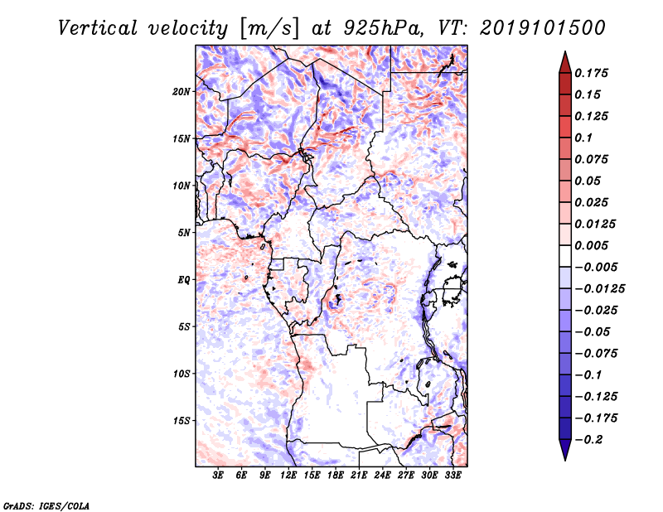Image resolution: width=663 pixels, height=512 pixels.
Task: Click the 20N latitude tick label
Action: tap(182, 91)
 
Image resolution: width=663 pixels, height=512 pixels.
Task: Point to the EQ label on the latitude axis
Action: tap(184, 280)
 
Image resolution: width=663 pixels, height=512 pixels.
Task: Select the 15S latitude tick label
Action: tap(182, 421)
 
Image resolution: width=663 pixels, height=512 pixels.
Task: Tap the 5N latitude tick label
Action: tap(185, 233)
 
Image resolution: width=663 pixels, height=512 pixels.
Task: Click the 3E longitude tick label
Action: tap(219, 476)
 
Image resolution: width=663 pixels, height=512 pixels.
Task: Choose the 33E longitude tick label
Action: tap(452, 476)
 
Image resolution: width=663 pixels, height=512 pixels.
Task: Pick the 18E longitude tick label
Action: tap(336, 476)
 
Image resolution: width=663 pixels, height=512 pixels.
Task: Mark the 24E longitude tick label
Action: tap(382, 476)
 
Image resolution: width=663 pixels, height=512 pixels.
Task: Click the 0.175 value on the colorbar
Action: tap(593, 73)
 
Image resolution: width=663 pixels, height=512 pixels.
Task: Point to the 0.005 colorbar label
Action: tap(593, 245)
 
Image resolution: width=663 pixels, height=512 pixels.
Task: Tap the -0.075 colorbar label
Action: tap(597, 353)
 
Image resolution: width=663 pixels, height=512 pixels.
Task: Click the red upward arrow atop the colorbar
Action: tap(564, 60)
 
